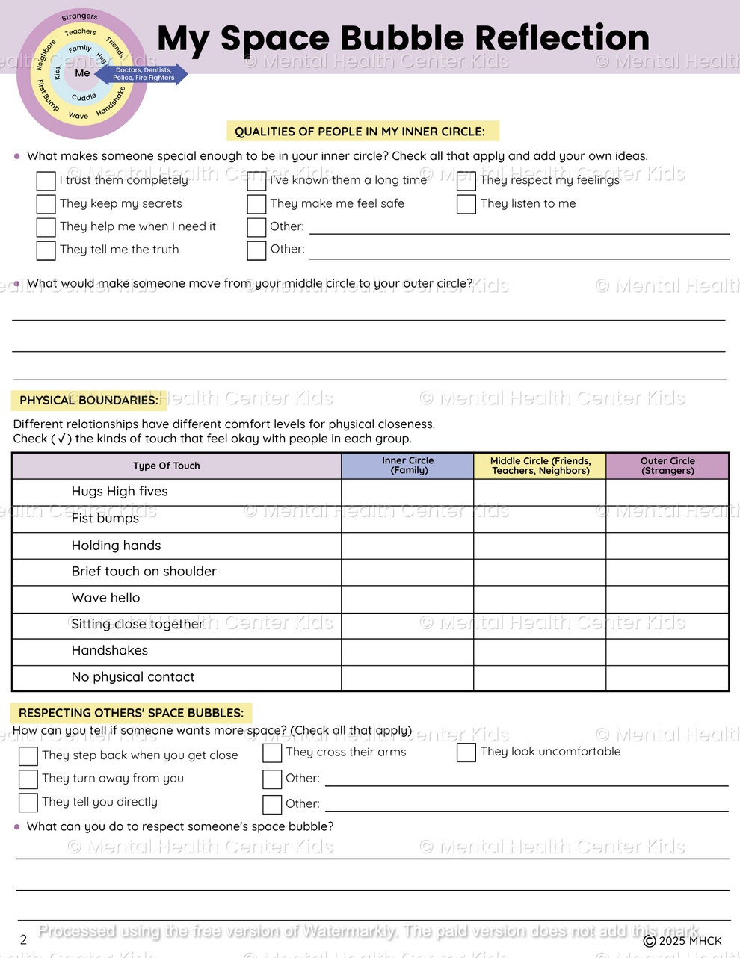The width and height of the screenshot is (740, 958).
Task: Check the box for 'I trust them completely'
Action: (x=46, y=181)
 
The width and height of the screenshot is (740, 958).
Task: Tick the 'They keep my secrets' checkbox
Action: (x=46, y=204)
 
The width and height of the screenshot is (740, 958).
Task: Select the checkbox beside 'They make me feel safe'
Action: (x=256, y=204)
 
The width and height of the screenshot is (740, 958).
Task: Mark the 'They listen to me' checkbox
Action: (x=466, y=204)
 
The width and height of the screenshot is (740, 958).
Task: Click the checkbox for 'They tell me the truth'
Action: (x=46, y=250)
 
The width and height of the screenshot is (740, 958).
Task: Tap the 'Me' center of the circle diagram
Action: (x=82, y=73)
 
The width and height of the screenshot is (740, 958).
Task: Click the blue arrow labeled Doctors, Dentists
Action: (x=148, y=74)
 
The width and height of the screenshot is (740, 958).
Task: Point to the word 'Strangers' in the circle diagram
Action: (x=79, y=16)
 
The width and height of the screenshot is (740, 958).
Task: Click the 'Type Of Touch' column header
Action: (x=167, y=466)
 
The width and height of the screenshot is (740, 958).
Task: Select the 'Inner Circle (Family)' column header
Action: (x=407, y=466)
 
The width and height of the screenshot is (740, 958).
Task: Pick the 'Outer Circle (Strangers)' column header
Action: (x=667, y=466)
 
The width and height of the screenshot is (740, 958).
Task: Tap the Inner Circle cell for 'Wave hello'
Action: (x=407, y=599)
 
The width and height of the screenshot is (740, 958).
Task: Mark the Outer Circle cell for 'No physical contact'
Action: (x=667, y=678)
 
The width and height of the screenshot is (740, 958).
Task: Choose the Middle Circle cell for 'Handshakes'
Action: (x=540, y=652)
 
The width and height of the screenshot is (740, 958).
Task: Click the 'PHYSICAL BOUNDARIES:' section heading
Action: (x=89, y=401)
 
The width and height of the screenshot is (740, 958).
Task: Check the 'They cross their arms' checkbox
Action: (x=272, y=753)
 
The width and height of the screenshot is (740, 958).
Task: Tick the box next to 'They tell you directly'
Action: (x=28, y=803)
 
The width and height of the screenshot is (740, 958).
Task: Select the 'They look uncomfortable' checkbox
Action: (x=466, y=753)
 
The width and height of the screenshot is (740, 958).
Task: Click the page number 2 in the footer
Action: (x=23, y=940)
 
